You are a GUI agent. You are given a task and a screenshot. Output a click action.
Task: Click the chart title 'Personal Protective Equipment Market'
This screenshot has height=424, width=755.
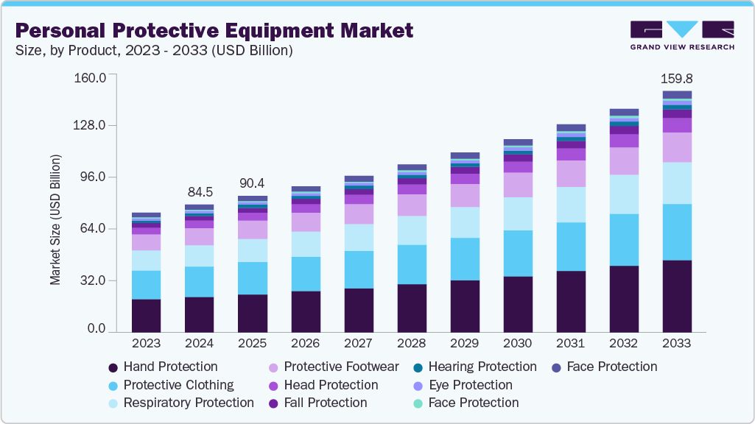(x=214, y=30)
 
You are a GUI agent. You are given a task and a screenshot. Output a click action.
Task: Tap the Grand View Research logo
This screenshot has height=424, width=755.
(x=681, y=35)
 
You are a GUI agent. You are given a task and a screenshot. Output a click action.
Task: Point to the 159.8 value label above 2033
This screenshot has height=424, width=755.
(x=677, y=78)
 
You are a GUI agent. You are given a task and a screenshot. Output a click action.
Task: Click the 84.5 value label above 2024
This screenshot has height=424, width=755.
(x=199, y=192)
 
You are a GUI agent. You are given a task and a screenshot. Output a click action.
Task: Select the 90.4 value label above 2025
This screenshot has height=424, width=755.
(x=252, y=183)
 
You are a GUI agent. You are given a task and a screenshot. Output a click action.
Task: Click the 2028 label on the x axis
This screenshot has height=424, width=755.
(x=411, y=343)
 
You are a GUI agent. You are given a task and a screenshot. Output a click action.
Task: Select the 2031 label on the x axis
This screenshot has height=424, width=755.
(x=571, y=343)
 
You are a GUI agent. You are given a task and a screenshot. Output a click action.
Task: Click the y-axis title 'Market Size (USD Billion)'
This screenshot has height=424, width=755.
(x=55, y=220)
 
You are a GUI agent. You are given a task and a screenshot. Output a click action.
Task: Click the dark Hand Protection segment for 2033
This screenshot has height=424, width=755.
(x=677, y=296)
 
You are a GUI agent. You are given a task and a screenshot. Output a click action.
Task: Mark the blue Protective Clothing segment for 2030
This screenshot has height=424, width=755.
(x=518, y=253)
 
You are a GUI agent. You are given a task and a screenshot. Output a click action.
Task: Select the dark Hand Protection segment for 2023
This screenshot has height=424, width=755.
(x=146, y=316)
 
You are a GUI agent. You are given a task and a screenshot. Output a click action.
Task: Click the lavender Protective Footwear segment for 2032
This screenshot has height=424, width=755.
(x=624, y=160)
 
